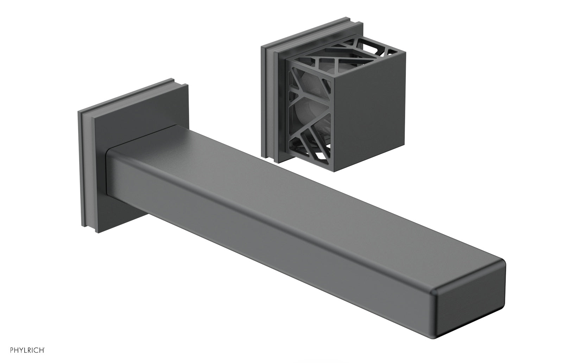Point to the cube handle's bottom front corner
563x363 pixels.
(333, 171)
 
